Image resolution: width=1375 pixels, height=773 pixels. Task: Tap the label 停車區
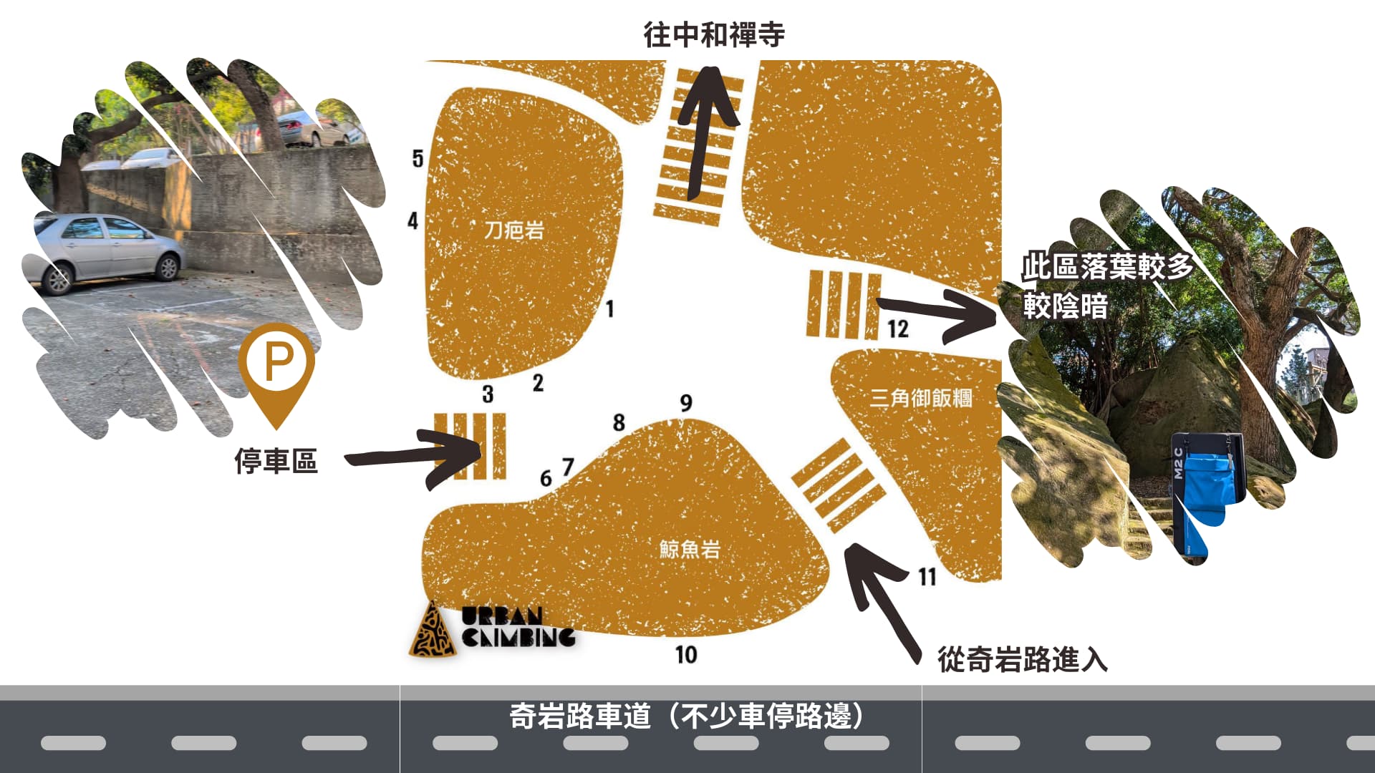point(276,461)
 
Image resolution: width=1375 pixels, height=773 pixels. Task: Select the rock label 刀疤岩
point(514,230)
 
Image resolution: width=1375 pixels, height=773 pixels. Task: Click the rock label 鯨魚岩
point(690,549)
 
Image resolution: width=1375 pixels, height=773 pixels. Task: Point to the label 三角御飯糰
point(921,398)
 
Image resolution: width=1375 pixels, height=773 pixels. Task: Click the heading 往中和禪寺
point(714,34)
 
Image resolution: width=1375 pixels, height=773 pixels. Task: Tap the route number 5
point(418,158)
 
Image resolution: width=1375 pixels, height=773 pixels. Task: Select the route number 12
point(898,329)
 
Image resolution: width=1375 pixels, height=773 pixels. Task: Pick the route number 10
point(686,654)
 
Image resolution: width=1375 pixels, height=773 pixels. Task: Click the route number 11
point(927,576)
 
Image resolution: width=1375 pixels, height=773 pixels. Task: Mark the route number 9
point(686,403)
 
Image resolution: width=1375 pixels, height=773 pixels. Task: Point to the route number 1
point(610,308)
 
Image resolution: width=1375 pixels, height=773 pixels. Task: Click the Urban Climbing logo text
point(518,627)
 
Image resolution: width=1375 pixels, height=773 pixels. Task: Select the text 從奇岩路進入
point(1023,659)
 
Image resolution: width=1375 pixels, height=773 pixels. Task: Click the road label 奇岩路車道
point(580,716)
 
